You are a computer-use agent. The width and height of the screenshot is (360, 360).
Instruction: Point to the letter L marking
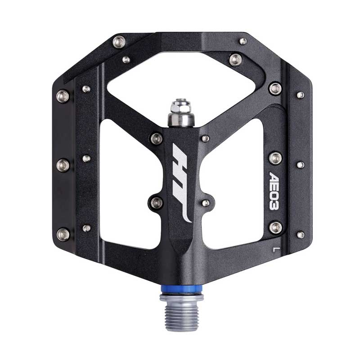[275, 246]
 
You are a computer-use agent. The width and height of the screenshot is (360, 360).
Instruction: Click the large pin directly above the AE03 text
[275, 157]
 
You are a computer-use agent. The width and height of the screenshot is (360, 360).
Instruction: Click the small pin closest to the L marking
[300, 234]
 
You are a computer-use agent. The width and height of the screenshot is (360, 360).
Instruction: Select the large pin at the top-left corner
[119, 42]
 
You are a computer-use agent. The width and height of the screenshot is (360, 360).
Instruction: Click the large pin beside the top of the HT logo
[157, 138]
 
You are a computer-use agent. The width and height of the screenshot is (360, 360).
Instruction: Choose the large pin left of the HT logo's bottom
[157, 203]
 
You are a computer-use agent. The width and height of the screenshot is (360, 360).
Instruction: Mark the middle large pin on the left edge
[63, 165]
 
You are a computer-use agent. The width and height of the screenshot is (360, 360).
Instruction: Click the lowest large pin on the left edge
[63, 234]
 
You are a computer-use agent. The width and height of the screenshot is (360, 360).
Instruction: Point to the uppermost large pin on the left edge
[63, 95]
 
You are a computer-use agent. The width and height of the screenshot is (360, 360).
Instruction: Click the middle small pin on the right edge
[300, 165]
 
